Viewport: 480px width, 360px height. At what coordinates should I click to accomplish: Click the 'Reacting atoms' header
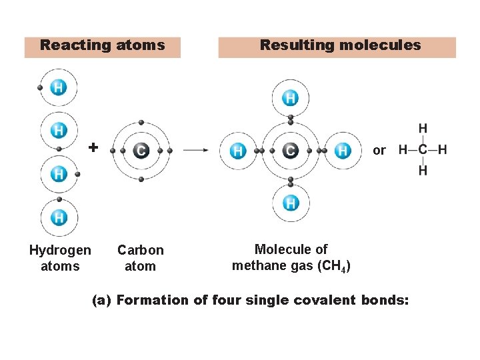tap(102, 46)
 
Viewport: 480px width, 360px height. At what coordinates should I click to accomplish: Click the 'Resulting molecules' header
tap(340, 46)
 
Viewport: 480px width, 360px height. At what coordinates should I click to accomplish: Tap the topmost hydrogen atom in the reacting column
tap(59, 87)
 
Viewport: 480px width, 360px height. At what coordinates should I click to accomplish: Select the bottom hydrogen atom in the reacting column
tap(59, 217)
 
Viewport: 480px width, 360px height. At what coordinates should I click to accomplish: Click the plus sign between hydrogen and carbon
tap(93, 147)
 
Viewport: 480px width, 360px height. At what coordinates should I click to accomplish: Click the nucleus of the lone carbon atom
tap(141, 151)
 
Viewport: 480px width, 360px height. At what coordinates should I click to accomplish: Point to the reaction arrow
tap(196, 151)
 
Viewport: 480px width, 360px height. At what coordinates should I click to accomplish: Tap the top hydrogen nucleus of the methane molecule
tap(290, 99)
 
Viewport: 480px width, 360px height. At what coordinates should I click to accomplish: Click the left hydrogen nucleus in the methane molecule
tap(238, 151)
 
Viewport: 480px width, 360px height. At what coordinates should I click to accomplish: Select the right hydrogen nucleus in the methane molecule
tap(343, 151)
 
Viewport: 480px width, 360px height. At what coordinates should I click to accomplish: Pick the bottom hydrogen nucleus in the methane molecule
tap(290, 203)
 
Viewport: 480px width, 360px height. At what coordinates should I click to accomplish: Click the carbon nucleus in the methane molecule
tap(290, 151)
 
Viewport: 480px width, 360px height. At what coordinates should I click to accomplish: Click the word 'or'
tap(379, 151)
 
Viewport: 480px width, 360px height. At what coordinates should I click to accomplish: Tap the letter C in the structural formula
tap(423, 150)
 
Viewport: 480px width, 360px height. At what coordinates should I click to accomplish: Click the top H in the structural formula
tap(423, 129)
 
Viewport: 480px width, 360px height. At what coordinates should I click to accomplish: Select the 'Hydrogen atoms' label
tap(60, 258)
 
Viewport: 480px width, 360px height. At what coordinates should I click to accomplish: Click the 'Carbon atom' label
tap(140, 258)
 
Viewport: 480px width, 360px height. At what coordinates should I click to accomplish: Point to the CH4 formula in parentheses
tap(332, 266)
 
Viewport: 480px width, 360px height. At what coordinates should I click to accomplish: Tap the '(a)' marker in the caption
tap(101, 300)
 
